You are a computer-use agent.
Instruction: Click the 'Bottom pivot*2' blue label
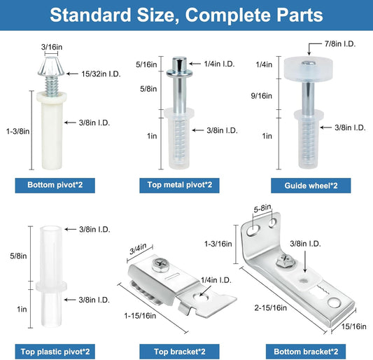click(55, 185)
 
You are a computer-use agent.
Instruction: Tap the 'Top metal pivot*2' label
click(179, 185)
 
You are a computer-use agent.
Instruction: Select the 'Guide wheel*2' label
click(311, 186)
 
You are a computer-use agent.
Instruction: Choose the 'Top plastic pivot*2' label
click(55, 352)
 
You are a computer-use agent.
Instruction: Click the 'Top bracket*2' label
click(179, 352)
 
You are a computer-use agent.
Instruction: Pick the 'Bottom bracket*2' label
click(306, 352)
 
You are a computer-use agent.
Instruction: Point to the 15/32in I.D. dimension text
click(101, 74)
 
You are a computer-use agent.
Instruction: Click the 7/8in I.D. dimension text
click(340, 44)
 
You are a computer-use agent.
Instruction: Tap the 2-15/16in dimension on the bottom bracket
click(270, 308)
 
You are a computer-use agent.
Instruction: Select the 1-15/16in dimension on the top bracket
click(140, 316)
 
